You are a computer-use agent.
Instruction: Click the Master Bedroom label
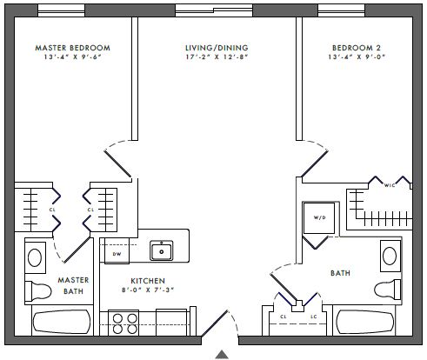click(x=72, y=48)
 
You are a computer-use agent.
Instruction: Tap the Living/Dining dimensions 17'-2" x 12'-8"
click(x=217, y=57)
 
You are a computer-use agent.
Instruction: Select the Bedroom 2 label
click(x=357, y=48)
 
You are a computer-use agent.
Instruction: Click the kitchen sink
click(x=162, y=250)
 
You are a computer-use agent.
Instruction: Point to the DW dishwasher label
click(x=117, y=254)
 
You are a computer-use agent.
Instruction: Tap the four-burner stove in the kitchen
click(x=123, y=323)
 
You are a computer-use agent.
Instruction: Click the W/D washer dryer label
click(x=319, y=217)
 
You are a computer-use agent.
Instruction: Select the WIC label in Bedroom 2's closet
click(x=390, y=185)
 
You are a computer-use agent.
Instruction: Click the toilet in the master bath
click(x=38, y=290)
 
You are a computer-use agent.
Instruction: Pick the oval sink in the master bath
click(x=35, y=257)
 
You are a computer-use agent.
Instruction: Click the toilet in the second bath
click(x=388, y=290)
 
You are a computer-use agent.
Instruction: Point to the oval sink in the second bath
click(x=390, y=256)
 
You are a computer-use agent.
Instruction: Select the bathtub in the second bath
click(x=365, y=322)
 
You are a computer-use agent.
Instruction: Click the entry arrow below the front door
click(x=222, y=355)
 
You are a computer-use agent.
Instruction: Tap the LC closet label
click(x=314, y=317)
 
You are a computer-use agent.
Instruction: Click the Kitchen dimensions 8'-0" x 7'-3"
click(x=148, y=290)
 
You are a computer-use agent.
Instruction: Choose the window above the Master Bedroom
click(x=61, y=10)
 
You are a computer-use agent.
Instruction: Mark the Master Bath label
click(x=73, y=285)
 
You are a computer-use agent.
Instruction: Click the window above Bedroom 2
click(x=341, y=10)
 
